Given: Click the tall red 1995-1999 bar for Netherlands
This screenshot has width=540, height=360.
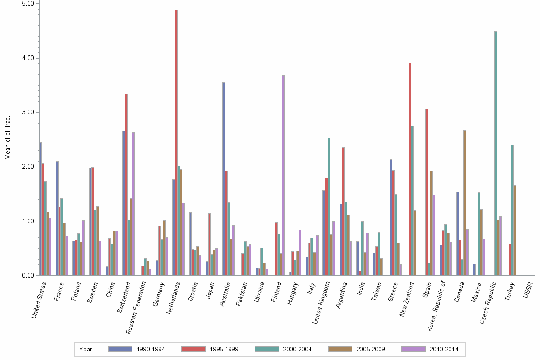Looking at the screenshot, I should pos(176,143).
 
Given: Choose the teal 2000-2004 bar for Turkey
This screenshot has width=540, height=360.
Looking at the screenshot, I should pos(512,210).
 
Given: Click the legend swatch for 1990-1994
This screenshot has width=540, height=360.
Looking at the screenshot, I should pos(120,349).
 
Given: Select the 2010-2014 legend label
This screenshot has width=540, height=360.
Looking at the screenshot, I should pos(444,349).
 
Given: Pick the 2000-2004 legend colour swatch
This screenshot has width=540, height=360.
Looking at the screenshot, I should pos(267,349).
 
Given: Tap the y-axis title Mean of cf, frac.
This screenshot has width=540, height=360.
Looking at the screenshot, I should pos(7,139).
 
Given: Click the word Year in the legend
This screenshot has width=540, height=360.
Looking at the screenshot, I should pos(86,349).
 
